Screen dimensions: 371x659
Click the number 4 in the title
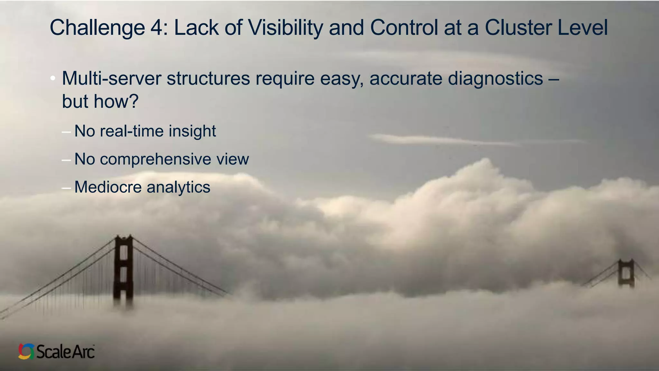coord(156,28)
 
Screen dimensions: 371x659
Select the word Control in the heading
coord(404,28)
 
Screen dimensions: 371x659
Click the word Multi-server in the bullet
coord(111,78)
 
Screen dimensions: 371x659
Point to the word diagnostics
coord(495,78)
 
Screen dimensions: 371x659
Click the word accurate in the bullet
coord(406,78)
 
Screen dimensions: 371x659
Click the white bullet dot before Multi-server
coord(53,78)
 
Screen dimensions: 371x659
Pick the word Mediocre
coord(108,187)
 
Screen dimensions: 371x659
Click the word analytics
coord(178,187)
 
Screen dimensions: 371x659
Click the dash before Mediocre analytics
coord(66,187)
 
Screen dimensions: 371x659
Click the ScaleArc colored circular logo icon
coord(26,351)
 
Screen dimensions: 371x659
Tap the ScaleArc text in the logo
coord(65,351)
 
